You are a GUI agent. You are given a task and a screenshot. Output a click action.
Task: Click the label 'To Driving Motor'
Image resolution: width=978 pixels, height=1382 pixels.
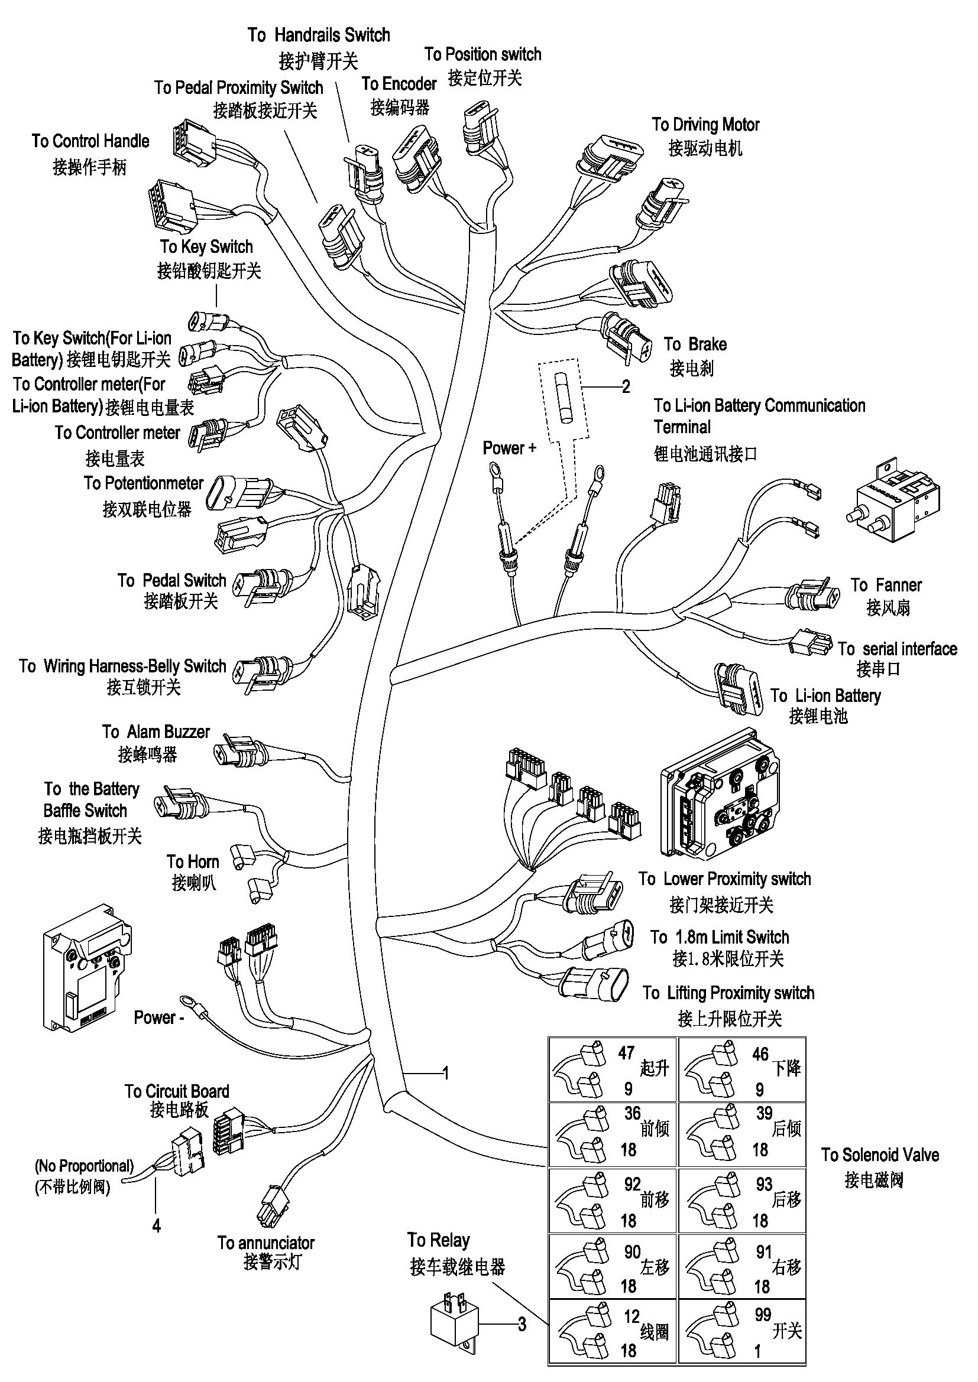point(705,125)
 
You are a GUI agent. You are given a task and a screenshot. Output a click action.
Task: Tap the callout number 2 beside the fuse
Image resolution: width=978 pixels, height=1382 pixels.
point(626,386)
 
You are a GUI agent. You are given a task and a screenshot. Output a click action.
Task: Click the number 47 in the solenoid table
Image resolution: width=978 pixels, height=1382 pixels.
point(626,1053)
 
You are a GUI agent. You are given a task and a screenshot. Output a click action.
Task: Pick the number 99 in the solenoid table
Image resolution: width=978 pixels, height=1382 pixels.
point(763,1315)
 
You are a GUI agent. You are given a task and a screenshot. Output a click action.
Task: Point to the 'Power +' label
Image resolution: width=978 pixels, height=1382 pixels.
point(509,448)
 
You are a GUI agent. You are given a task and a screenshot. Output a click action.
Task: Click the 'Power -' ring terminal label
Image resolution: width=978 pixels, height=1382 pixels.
point(158,1018)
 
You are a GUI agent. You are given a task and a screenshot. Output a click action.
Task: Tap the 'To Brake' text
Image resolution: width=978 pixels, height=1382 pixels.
point(695,344)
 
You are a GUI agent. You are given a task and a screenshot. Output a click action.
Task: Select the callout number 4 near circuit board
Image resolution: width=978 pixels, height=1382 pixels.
point(157,1225)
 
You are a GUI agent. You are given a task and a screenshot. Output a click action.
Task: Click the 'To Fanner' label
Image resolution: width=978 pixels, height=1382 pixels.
point(886,585)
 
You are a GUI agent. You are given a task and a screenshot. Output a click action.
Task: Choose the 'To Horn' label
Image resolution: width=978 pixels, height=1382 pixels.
point(193,861)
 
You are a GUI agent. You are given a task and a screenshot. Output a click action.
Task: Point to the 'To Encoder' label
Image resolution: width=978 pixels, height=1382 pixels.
point(399,84)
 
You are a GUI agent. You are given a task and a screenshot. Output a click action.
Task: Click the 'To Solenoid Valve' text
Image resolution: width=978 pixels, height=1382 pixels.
point(880,1155)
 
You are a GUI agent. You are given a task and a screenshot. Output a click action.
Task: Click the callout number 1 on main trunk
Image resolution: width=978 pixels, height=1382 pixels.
point(446,1073)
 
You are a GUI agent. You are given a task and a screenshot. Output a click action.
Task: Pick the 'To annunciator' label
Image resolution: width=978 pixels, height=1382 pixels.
point(266,1243)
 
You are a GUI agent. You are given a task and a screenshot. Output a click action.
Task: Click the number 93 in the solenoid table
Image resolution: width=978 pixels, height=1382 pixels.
point(764,1184)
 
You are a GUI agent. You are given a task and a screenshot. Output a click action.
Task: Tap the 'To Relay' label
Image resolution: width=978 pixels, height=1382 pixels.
point(438,1241)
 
